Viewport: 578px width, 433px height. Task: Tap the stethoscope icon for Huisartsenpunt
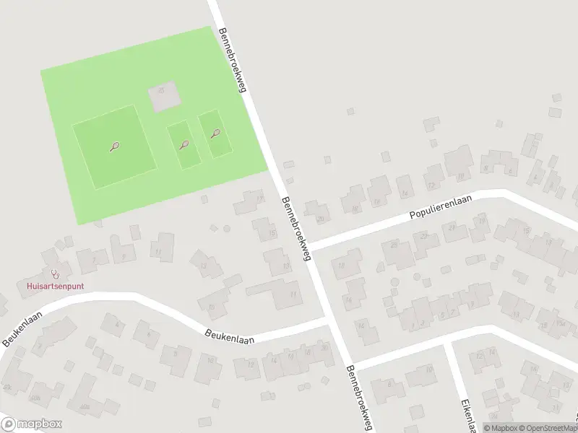[55, 274]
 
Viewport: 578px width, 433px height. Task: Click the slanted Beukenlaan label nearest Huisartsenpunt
[22, 329]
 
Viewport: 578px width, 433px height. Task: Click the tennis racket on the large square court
[114, 147]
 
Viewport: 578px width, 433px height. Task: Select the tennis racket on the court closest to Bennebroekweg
[215, 133]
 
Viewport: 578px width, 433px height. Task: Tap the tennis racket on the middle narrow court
[184, 144]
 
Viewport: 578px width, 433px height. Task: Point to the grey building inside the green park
[162, 97]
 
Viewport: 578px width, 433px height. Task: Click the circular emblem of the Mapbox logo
[9, 424]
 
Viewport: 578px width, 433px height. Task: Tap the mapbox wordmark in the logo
[39, 424]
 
